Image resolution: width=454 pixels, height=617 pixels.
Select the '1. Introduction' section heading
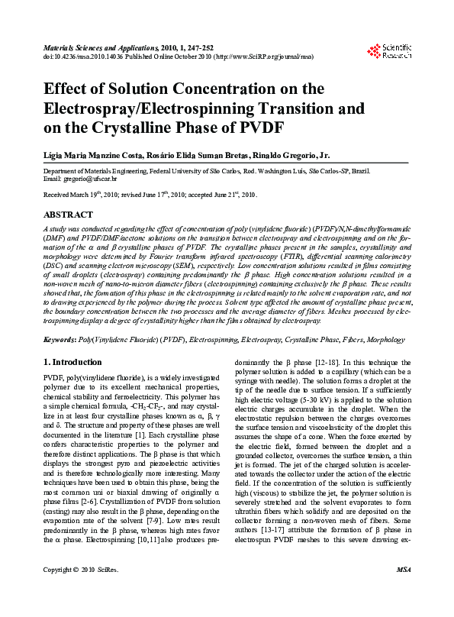tap(72, 362)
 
